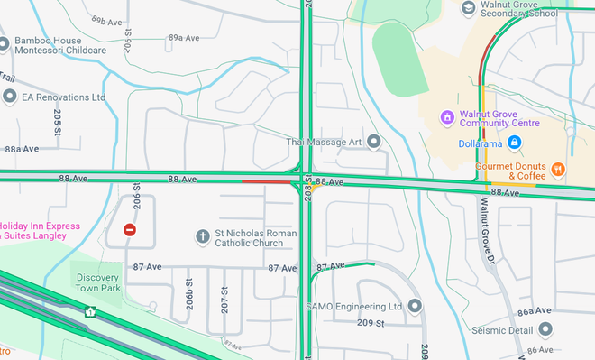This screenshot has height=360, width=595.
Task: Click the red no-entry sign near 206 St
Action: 130,230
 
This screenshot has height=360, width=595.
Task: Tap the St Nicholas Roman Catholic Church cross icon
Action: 203,236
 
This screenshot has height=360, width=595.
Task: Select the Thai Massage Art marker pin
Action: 374,141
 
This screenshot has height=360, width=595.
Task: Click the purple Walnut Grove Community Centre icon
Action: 445,117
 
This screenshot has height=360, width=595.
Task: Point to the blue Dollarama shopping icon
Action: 514,142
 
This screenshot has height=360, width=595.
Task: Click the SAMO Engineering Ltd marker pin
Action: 415,306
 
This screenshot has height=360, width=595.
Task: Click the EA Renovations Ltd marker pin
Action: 9,96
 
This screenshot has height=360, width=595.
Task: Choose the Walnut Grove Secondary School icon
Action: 468,7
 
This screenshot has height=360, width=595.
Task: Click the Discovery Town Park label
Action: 98,282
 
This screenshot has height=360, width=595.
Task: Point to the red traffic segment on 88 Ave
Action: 266,181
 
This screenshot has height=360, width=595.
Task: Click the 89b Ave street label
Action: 106,19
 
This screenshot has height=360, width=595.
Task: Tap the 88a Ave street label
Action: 23,149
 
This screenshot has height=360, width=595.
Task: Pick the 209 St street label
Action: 371,323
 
